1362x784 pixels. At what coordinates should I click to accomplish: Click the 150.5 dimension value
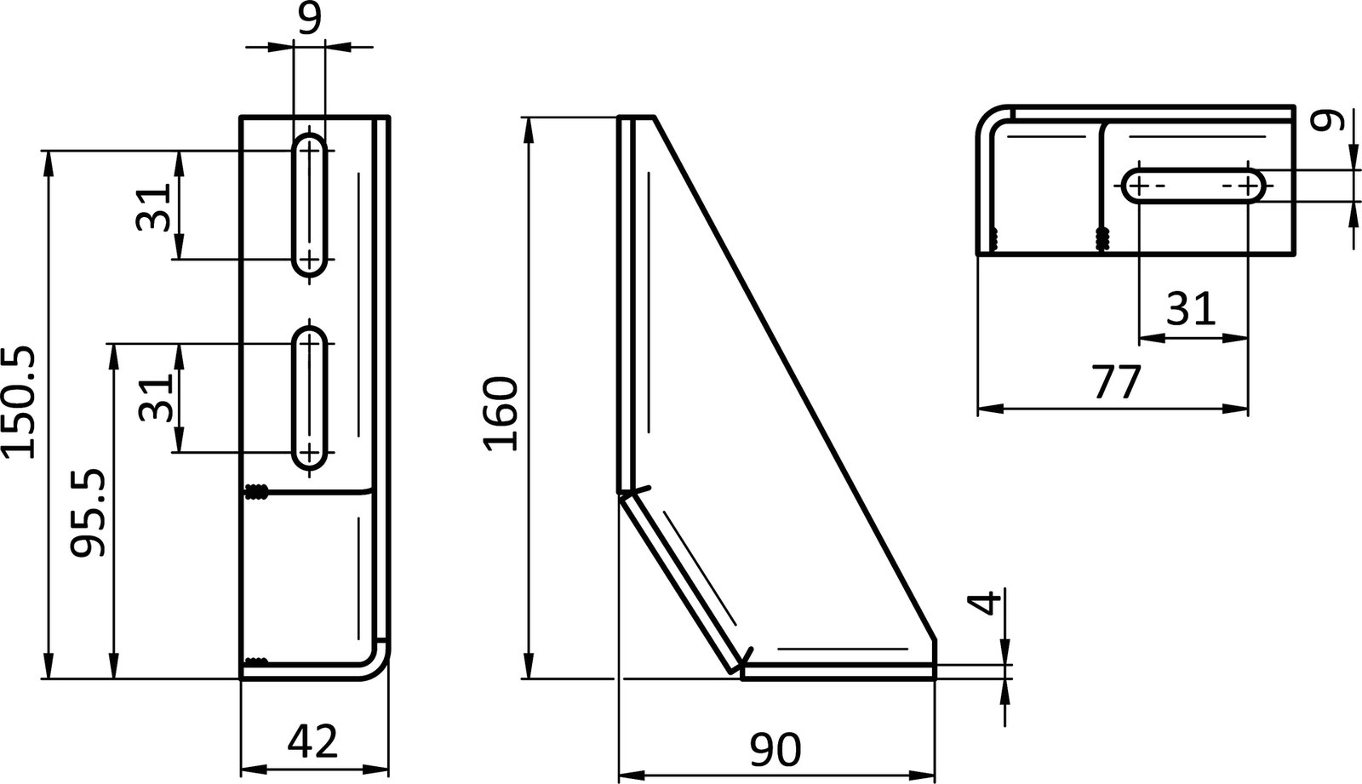(x=19, y=403)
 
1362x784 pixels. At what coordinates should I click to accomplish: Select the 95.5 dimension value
(x=88, y=512)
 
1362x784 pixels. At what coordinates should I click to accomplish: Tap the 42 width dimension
(x=312, y=741)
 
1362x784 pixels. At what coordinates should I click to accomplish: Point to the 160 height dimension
(x=501, y=415)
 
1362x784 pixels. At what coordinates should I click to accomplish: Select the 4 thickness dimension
(x=985, y=604)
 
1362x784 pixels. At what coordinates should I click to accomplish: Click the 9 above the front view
(x=310, y=18)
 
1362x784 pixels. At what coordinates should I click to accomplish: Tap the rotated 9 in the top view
(x=1325, y=120)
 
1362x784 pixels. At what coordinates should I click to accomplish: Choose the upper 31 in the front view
(x=155, y=206)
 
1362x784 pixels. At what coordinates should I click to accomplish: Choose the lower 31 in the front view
(x=155, y=398)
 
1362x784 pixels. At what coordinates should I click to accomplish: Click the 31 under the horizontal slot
(x=1190, y=309)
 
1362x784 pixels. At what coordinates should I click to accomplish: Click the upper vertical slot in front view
(x=310, y=204)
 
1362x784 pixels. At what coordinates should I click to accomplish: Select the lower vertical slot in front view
(x=310, y=397)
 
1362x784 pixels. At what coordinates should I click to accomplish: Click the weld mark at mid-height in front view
(x=256, y=491)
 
